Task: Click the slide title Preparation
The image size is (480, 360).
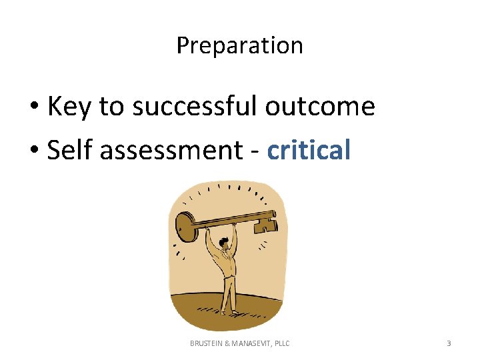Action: tap(239, 46)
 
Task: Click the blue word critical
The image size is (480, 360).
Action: tap(309, 151)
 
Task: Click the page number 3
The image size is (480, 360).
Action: tap(449, 343)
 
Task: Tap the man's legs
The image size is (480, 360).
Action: tap(229, 293)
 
